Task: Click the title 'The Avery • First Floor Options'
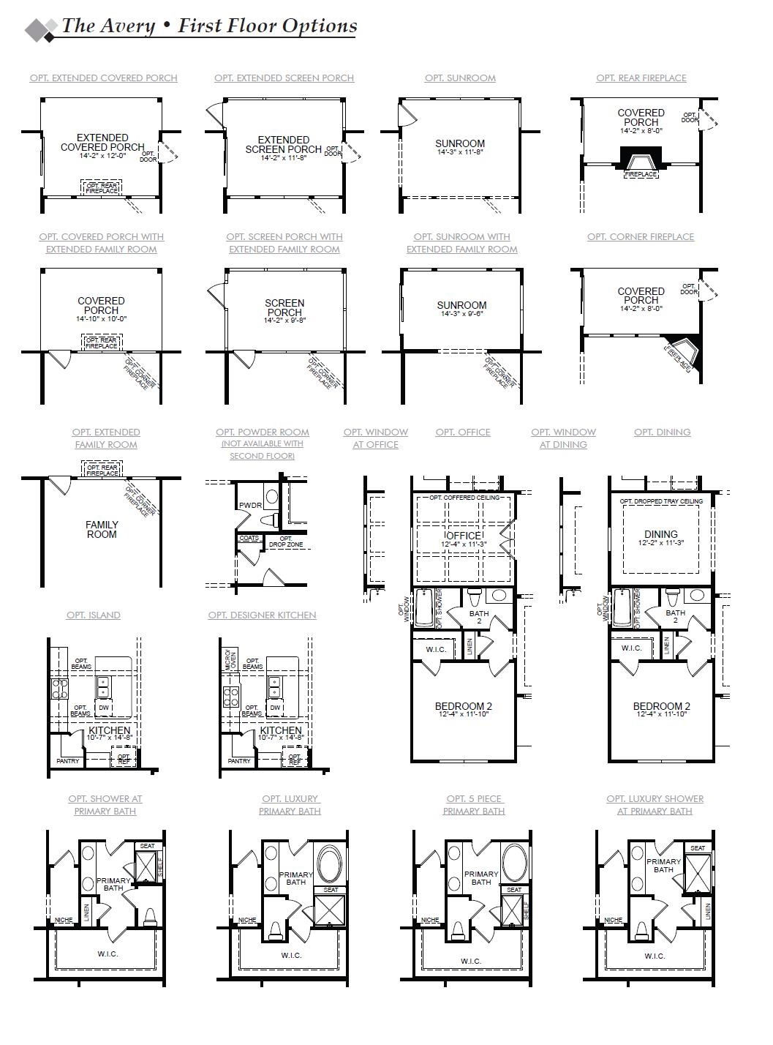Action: [209, 26]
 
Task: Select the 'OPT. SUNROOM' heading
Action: [460, 78]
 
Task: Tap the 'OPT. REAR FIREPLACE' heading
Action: [641, 78]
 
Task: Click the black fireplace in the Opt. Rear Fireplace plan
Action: [641, 158]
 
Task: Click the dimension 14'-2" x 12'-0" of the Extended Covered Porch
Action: [103, 156]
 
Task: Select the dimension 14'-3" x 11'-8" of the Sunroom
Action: [460, 153]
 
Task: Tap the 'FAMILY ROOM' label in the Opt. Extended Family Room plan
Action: [102, 530]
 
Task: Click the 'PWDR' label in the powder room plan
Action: [250, 506]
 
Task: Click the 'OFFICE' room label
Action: [464, 536]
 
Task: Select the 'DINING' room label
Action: [660, 534]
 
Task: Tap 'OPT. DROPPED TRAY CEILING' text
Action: [661, 501]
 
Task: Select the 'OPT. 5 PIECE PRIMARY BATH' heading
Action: [473, 805]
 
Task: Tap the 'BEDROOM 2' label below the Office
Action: [463, 706]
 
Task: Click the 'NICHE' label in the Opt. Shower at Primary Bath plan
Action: [63, 920]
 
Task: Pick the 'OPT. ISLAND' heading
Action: [94, 615]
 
